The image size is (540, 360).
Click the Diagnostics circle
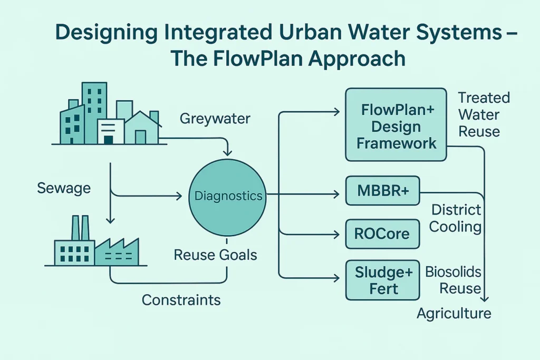[228, 196]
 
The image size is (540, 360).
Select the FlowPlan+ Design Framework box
[396, 125]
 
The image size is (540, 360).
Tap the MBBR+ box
[382, 191]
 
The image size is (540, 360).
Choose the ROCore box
[382, 233]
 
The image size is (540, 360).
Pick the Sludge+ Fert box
[382, 280]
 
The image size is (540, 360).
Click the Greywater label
[215, 119]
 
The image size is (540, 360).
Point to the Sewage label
[64, 188]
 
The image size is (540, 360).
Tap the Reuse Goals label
[216, 256]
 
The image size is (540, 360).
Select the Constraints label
[181, 300]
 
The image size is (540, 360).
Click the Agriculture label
[454, 314]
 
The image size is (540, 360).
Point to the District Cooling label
[456, 218]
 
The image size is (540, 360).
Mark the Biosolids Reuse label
[454, 280]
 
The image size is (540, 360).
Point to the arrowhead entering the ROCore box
[336, 233]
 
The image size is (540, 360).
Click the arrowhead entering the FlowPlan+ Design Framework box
[336, 111]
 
